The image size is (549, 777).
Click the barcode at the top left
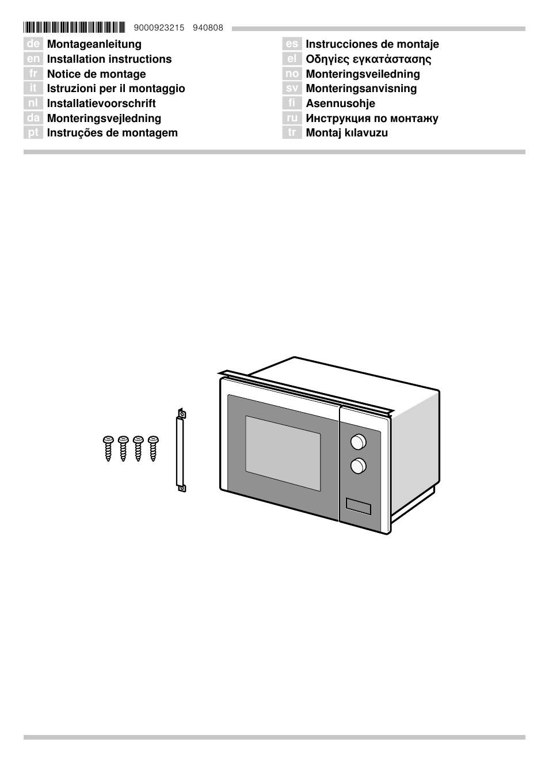pos(74,27)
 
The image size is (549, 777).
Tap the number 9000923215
pos(159,28)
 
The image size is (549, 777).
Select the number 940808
pos(208,28)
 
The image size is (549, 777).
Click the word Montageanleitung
pos(94,44)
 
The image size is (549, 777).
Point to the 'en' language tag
pos(33,59)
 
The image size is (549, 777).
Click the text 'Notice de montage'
pos(97,74)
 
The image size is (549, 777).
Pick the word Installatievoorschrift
pos(101,104)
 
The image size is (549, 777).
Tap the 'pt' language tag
pos(33,132)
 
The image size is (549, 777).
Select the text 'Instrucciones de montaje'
pos(372,44)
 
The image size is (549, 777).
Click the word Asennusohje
pos(341,104)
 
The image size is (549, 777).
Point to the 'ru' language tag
pos(292,118)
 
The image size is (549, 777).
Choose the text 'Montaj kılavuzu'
pos(347,133)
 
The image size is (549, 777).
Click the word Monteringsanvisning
pos(361,89)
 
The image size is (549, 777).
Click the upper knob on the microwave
pos(359,441)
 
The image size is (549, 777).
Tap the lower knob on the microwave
pos(359,466)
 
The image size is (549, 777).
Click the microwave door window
pos(283,454)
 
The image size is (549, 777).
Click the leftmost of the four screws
pos(108,448)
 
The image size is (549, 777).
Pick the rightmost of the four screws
pos(153,448)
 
